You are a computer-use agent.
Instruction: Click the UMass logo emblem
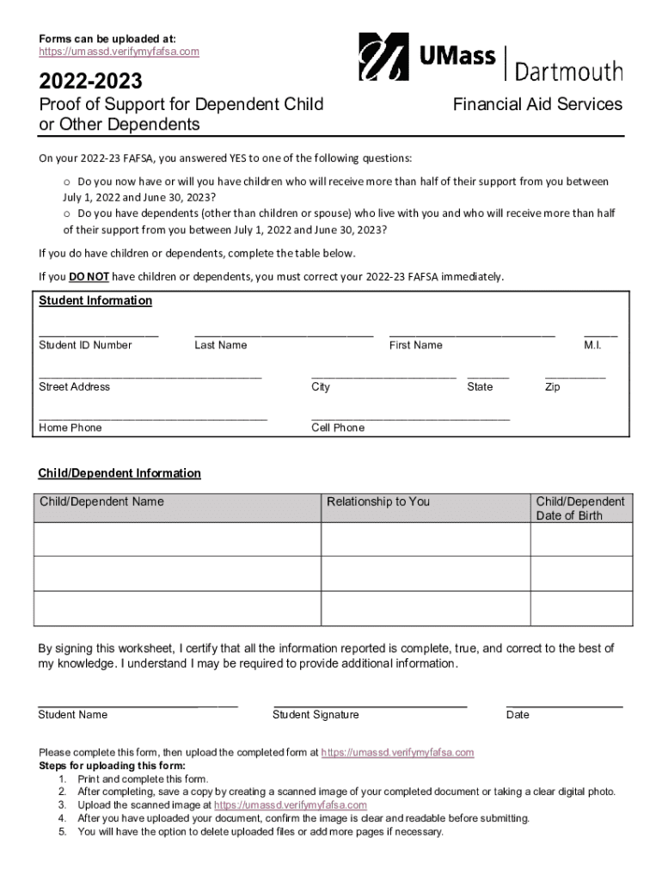click(x=383, y=57)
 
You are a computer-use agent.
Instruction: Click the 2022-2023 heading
click(x=90, y=82)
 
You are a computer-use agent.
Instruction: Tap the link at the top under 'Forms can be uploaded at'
click(x=119, y=52)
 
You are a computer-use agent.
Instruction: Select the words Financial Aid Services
click(x=537, y=104)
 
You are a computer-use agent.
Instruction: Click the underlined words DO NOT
click(x=89, y=276)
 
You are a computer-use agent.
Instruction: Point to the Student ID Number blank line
click(x=98, y=333)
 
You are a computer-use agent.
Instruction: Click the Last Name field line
click(x=284, y=333)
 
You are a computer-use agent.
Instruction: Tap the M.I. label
click(x=592, y=345)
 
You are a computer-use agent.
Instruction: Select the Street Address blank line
click(x=150, y=376)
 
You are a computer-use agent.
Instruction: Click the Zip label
click(x=552, y=387)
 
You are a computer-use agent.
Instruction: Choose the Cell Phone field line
click(x=410, y=417)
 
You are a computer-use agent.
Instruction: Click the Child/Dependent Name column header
click(x=101, y=502)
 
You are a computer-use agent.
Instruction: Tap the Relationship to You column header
click(x=378, y=502)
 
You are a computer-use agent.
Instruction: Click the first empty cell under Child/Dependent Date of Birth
click(x=581, y=539)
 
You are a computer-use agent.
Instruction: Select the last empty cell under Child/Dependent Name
click(x=177, y=607)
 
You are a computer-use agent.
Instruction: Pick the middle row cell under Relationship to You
click(x=426, y=573)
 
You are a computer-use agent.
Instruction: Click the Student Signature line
click(x=370, y=704)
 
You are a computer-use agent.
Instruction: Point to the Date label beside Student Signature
click(x=518, y=715)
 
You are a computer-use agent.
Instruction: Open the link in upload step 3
click(x=290, y=805)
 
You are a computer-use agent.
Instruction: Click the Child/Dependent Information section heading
click(x=120, y=473)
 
